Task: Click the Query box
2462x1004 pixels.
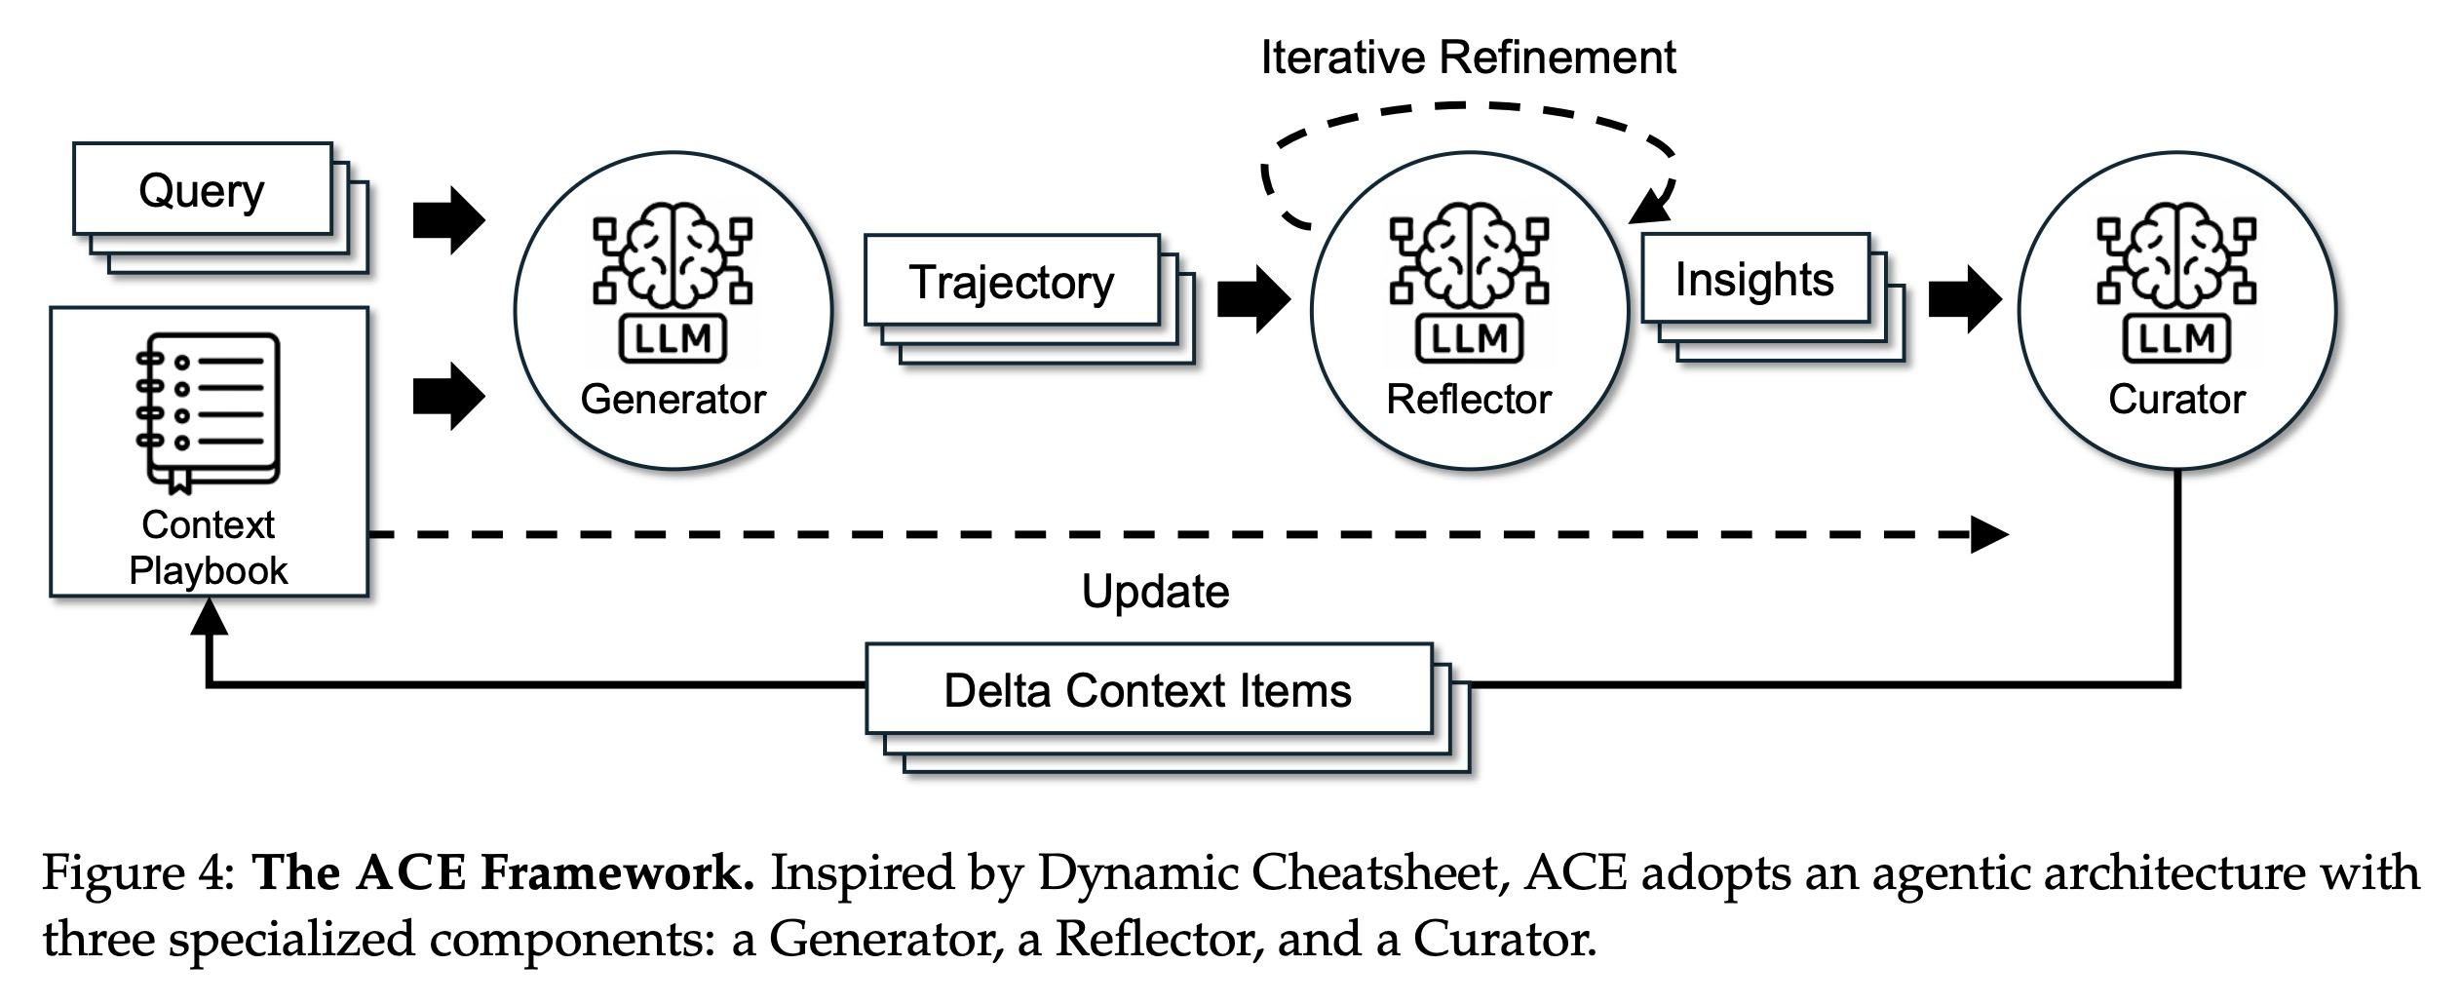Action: pos(203,190)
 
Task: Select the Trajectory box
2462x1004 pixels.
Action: pos(1012,281)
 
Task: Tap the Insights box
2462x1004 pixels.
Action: pos(1754,279)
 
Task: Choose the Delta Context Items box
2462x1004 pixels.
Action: pos(1148,689)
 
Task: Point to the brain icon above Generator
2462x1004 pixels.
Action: pos(673,255)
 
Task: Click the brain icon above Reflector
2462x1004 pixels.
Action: pos(1469,255)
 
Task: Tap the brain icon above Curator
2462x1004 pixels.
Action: pos(2175,255)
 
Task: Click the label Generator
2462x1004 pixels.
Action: pos(673,399)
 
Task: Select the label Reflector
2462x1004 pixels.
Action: pos(1469,399)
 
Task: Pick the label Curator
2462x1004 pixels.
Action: pos(2176,399)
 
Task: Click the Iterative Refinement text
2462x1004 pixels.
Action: pos(1468,58)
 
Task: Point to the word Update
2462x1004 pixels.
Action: pos(1155,591)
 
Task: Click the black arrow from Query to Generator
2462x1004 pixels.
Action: pos(448,219)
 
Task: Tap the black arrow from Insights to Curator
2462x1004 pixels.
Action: pos(1964,298)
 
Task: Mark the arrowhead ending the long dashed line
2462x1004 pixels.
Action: pos(1988,534)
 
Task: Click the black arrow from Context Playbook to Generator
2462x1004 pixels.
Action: pos(448,396)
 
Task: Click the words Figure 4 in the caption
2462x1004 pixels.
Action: pos(136,872)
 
